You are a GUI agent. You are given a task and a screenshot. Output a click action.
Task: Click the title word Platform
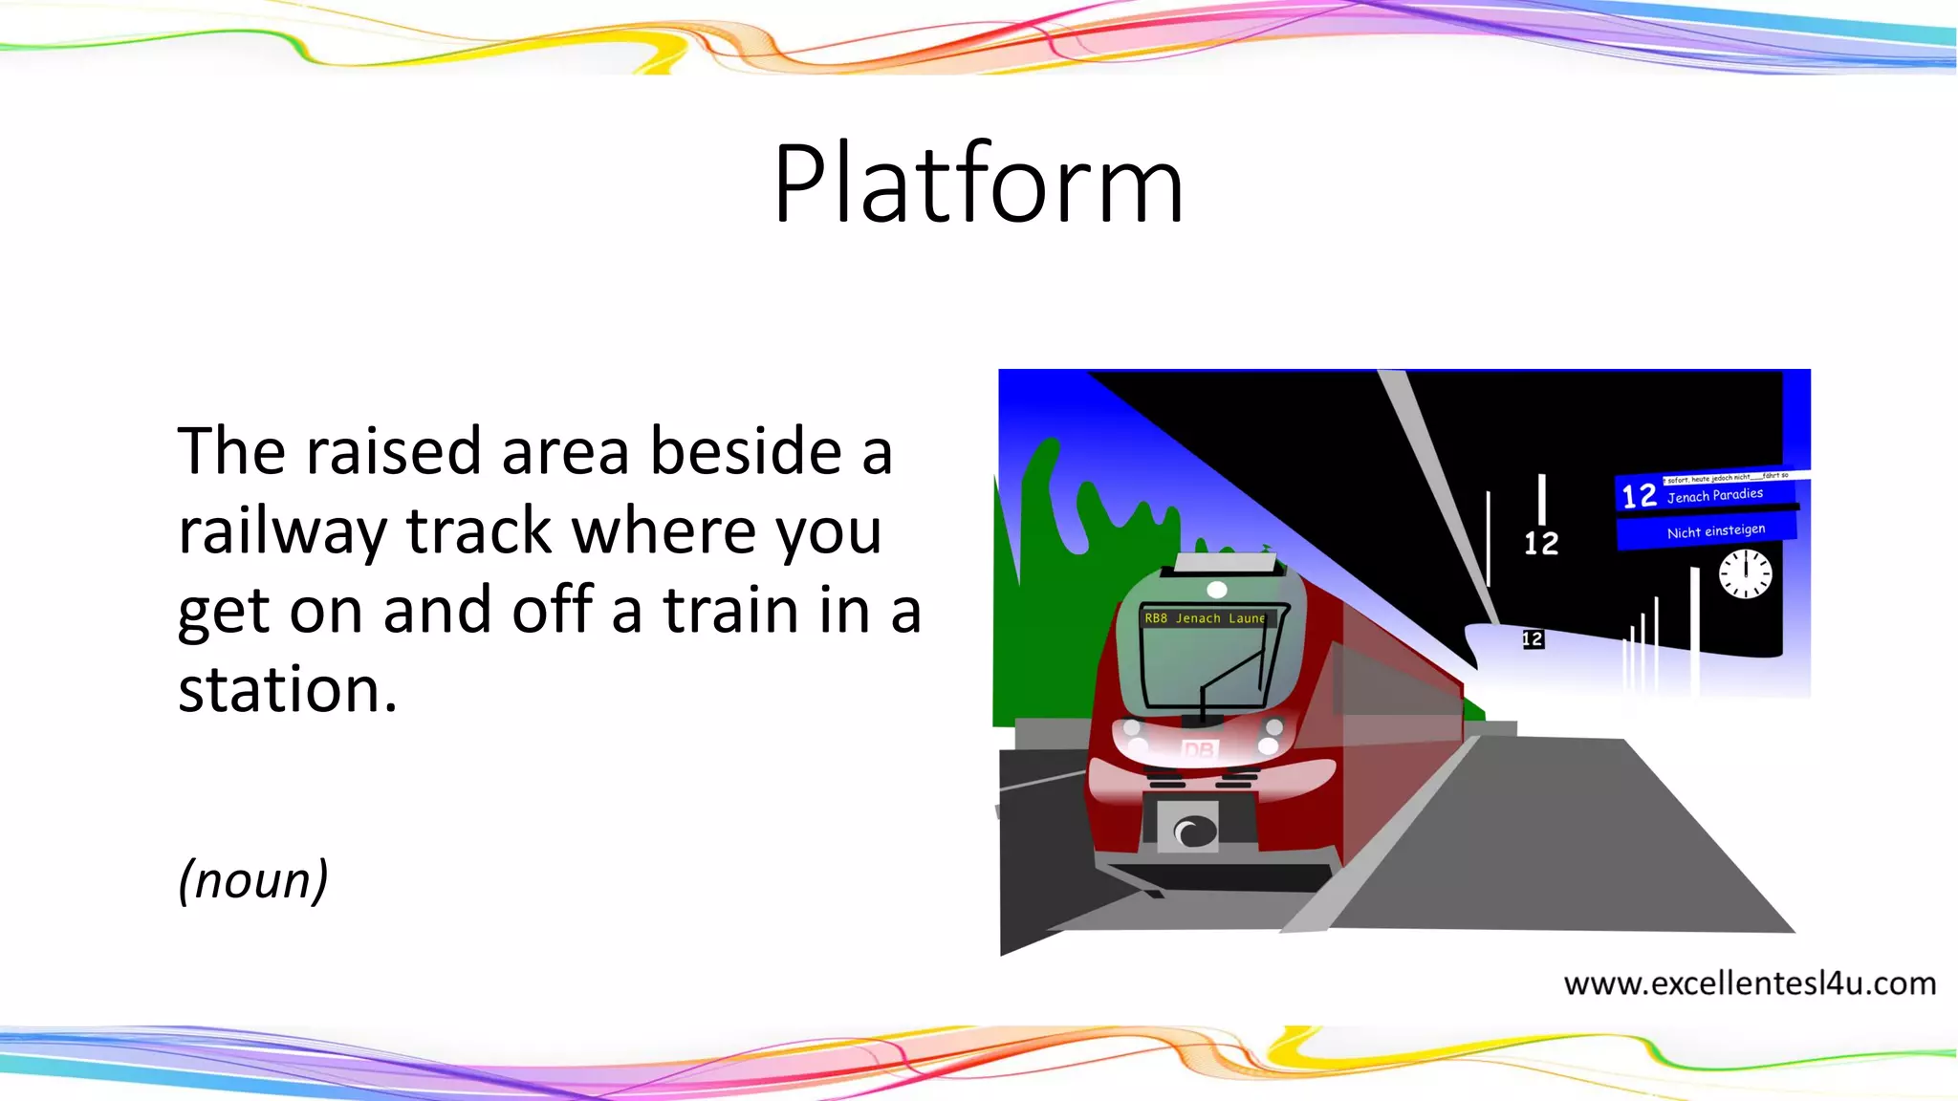point(978,183)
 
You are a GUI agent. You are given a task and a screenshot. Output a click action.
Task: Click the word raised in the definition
point(393,451)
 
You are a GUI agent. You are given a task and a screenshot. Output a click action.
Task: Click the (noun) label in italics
point(253,879)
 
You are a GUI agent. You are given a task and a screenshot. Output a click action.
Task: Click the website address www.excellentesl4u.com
point(1749,983)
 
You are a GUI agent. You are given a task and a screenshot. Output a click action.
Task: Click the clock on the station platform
point(1745,574)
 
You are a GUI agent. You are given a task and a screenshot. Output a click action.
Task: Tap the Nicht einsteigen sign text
point(1715,531)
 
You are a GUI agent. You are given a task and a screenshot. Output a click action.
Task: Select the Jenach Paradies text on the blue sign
point(1714,495)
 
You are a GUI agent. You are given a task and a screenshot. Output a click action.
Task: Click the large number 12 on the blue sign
point(1639,495)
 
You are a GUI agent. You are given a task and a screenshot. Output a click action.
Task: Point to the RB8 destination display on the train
point(1205,618)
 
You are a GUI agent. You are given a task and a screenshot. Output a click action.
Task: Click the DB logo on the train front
point(1198,750)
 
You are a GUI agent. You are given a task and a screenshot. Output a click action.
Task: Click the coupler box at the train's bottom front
point(1188,828)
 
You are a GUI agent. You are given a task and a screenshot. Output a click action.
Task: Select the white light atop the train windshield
point(1217,590)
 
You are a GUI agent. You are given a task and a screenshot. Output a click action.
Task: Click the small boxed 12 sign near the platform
point(1533,639)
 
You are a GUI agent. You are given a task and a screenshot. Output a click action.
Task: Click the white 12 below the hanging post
point(1540,543)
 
